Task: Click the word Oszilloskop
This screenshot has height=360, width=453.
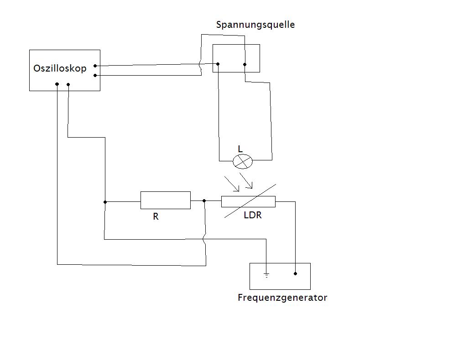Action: pyautogui.click(x=60, y=68)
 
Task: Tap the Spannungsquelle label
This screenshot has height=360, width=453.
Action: pyautogui.click(x=255, y=25)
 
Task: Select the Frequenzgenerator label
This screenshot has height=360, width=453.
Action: pyautogui.click(x=282, y=298)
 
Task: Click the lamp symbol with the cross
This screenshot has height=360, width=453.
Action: pyautogui.click(x=243, y=161)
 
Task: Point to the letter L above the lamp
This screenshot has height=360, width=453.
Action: pyautogui.click(x=240, y=149)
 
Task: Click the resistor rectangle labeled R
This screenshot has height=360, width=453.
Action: pyautogui.click(x=166, y=200)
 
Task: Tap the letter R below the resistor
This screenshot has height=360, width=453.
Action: pyautogui.click(x=156, y=216)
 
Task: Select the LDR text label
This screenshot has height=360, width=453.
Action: pyautogui.click(x=253, y=215)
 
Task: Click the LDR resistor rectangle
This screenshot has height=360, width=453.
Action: pyautogui.click(x=249, y=201)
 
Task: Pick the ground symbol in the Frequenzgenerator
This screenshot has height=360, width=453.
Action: pyautogui.click(x=266, y=275)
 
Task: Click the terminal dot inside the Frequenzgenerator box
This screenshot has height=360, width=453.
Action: pyautogui.click(x=295, y=273)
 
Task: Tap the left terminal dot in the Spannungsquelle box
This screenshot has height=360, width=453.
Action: pyautogui.click(x=218, y=64)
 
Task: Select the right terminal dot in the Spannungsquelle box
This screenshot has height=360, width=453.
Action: pyautogui.click(x=245, y=64)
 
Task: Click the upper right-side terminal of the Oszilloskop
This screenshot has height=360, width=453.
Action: pyautogui.click(x=95, y=66)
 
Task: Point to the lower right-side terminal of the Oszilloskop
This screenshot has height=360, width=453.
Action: pyautogui.click(x=95, y=75)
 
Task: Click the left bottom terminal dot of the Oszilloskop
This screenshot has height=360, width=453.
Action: pyautogui.click(x=57, y=84)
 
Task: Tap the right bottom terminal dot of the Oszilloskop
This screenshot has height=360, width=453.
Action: pyautogui.click(x=68, y=85)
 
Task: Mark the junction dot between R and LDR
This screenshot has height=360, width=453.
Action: pyautogui.click(x=204, y=201)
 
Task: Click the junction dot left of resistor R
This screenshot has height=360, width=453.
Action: pyautogui.click(x=105, y=202)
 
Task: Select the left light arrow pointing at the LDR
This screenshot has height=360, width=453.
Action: pyautogui.click(x=232, y=184)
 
